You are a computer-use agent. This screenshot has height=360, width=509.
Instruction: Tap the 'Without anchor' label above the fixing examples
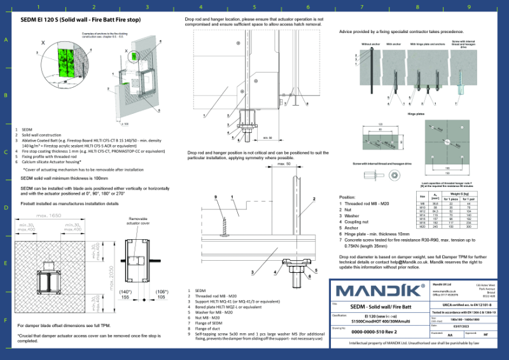[x=370, y=44]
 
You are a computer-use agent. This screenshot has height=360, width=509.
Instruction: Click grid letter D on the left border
[x=6, y=208]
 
